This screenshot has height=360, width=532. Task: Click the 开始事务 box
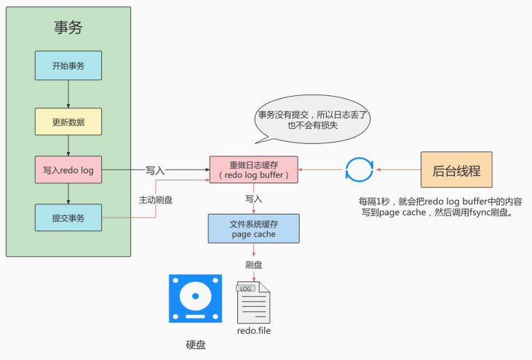(68, 65)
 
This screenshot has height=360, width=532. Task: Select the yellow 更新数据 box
(68, 121)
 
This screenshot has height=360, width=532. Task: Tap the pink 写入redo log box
(68, 170)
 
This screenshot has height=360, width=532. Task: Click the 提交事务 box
(68, 217)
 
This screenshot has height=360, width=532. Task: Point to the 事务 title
(68, 28)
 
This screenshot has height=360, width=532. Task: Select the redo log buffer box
(254, 170)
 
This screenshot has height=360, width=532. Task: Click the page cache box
(254, 228)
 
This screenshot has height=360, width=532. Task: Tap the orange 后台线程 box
(456, 169)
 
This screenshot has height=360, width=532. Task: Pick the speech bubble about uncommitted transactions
(312, 119)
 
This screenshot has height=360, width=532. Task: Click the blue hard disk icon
(196, 298)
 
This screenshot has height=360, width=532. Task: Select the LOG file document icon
(253, 303)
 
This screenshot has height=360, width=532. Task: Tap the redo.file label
(254, 330)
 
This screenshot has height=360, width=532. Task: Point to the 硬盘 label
(196, 345)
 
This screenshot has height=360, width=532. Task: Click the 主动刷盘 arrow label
(156, 200)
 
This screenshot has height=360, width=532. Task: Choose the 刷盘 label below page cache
(254, 265)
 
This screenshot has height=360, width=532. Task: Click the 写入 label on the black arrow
(155, 170)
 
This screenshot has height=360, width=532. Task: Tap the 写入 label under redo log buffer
(254, 199)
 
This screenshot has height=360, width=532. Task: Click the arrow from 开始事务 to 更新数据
(68, 95)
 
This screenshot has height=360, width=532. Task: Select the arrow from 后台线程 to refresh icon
(398, 169)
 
